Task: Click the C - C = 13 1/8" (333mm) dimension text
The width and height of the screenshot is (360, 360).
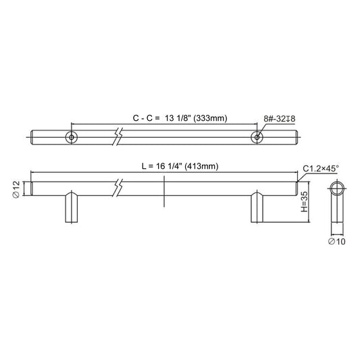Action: tap(180, 118)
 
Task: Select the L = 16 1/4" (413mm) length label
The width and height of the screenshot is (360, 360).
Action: tap(180, 166)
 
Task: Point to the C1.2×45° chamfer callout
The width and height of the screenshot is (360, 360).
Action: tap(321, 169)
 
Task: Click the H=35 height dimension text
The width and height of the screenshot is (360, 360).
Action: tap(304, 202)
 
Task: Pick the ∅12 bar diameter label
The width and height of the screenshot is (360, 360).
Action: tap(16, 190)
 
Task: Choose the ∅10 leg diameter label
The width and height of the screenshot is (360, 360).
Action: tap(336, 241)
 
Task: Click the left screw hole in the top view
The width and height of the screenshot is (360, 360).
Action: tap(72, 137)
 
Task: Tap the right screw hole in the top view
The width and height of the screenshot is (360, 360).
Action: tap(257, 137)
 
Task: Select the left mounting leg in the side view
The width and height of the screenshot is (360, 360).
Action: tap(72, 207)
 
